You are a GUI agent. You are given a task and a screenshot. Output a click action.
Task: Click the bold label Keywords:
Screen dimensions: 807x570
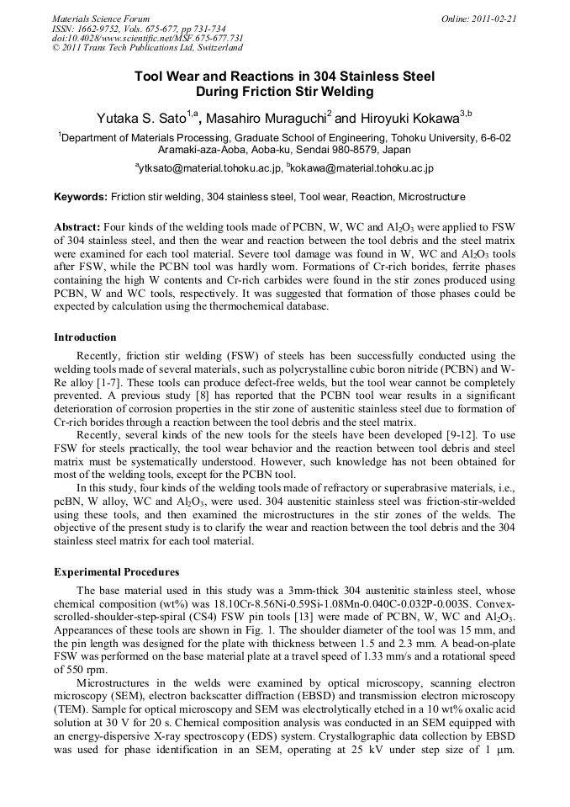(81, 197)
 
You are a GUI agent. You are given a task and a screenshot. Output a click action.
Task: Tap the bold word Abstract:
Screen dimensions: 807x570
(78, 228)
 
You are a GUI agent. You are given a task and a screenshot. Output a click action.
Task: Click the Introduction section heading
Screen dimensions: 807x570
(85, 337)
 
